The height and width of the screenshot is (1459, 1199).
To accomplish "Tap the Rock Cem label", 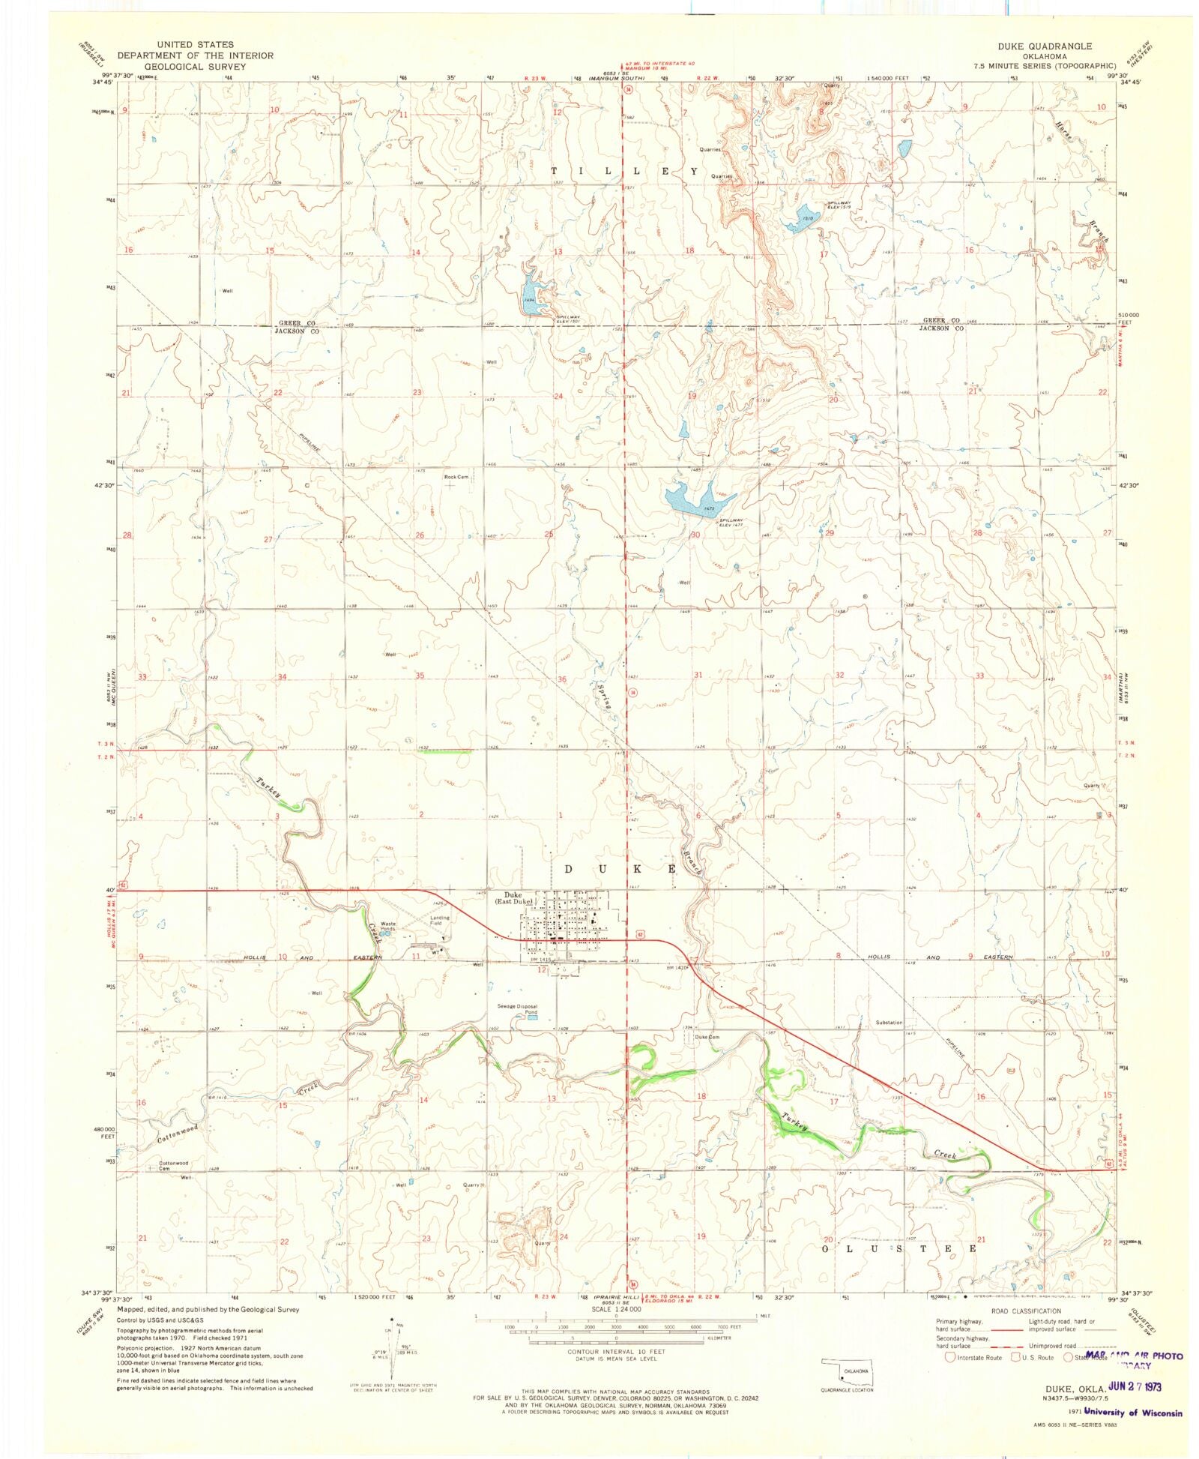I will [x=456, y=477].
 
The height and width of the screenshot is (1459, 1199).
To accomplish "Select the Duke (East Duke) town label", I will [x=518, y=898].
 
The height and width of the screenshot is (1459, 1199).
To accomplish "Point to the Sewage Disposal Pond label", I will [x=518, y=1009].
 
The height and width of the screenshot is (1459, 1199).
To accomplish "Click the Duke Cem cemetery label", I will [x=707, y=1038].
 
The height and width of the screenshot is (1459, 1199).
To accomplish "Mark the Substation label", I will [x=889, y=1023].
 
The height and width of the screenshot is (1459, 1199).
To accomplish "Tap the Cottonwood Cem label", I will [x=173, y=1166].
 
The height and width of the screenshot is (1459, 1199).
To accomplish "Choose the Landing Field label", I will [x=440, y=920].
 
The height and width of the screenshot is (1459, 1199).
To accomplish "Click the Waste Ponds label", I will [x=387, y=926].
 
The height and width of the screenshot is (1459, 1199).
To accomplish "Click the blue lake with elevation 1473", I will [x=689, y=499].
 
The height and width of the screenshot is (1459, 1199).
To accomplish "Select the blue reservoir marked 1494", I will [x=533, y=296].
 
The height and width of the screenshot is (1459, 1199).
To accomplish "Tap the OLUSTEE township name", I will [x=899, y=1248].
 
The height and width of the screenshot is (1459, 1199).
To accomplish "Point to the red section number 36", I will [x=561, y=679].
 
